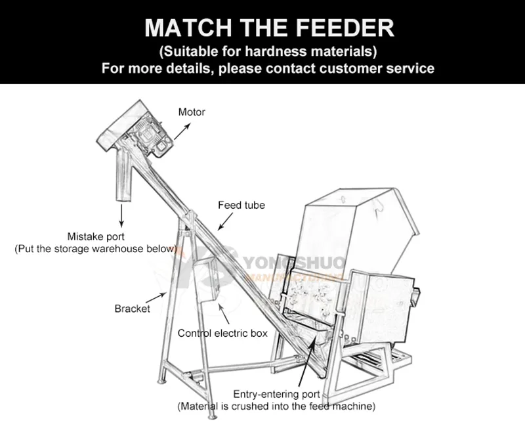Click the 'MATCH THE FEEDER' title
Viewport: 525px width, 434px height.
coord(269,28)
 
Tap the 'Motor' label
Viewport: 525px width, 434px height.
coord(192,112)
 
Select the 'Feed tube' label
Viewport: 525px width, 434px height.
coord(241,206)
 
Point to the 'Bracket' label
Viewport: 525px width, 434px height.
coord(132,309)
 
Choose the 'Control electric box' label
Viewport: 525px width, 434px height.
coord(222,334)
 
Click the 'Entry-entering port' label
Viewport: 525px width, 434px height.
coord(277,395)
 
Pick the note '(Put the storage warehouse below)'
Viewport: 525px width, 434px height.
coord(96,249)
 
